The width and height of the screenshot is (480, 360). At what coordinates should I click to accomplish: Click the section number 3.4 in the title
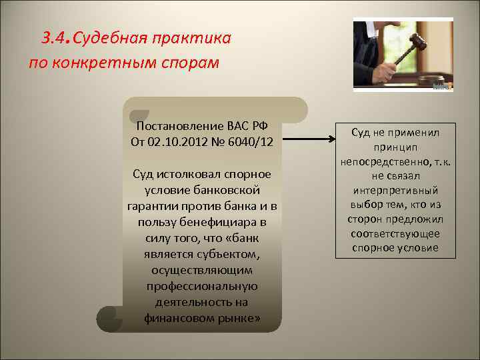click(55, 38)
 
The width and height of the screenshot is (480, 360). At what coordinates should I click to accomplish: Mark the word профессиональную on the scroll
click(202, 286)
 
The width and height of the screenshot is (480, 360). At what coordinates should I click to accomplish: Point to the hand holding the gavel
click(385, 71)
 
